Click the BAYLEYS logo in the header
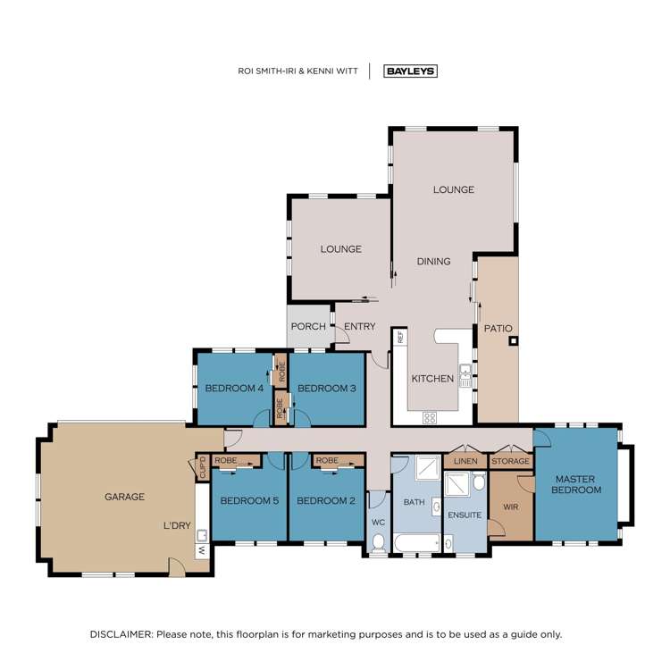pos(410,71)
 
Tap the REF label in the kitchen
pos(401,338)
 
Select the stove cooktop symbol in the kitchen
pos(429,417)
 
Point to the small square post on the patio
pos(512,340)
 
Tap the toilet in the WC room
pos(378,542)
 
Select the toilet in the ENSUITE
pos(480,483)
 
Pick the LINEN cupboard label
pos(465,461)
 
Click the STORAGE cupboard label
pos(511,461)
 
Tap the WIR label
pos(511,507)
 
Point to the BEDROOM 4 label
pos(234,388)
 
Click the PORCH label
pos(308,326)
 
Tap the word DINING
pos(433,261)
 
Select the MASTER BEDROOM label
pos(576,483)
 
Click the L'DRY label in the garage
pos(177,525)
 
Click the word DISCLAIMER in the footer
pos(121,633)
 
